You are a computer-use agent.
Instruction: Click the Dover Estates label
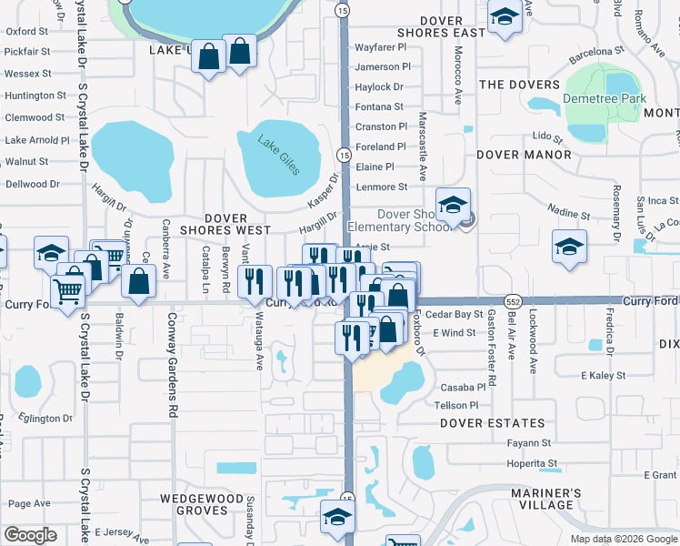click(x=493, y=423)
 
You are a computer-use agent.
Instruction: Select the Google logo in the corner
click(x=30, y=535)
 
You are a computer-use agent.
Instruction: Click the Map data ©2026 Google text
click(x=623, y=539)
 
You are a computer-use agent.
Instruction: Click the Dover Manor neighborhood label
click(x=525, y=155)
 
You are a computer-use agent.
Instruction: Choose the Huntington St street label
click(x=35, y=96)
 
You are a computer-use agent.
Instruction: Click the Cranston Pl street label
click(x=382, y=126)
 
